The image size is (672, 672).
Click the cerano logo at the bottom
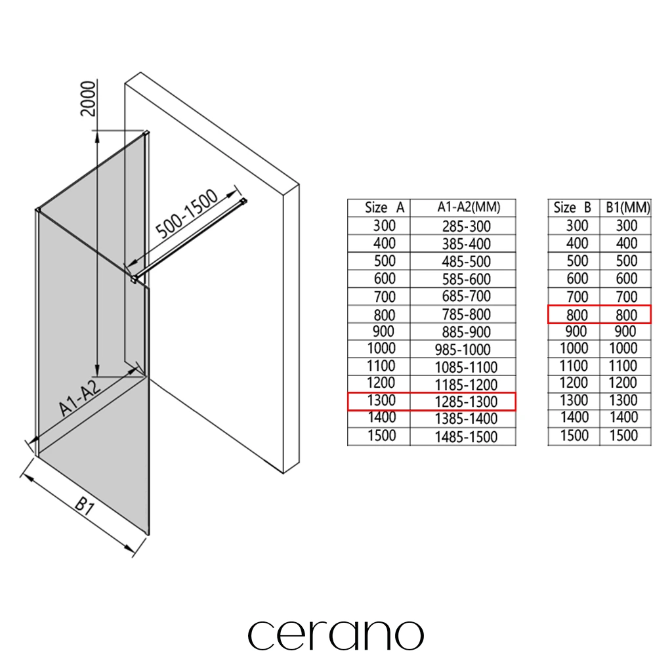(x=335, y=635)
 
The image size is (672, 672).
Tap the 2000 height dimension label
(x=89, y=98)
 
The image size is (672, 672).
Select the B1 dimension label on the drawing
(x=85, y=506)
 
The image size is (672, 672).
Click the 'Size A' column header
(x=385, y=208)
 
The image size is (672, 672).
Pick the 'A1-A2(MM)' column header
(x=469, y=207)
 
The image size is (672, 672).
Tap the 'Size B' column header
(x=572, y=208)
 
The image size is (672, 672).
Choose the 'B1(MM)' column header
(x=628, y=208)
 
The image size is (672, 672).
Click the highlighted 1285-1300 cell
(x=466, y=402)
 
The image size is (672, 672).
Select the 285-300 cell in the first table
(x=467, y=226)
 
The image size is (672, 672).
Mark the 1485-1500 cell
(x=466, y=437)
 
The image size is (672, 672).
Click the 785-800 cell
(x=467, y=314)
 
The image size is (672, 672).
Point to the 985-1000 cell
(x=463, y=350)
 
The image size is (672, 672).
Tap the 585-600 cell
(x=467, y=280)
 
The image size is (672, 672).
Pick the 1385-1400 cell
(x=466, y=419)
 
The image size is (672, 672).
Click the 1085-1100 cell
(x=466, y=367)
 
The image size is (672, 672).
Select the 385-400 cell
(x=467, y=244)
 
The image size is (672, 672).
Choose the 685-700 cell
(x=467, y=296)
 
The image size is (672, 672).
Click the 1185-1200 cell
(x=466, y=385)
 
